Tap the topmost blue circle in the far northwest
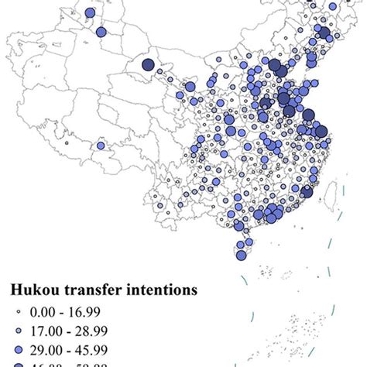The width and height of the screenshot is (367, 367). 91,13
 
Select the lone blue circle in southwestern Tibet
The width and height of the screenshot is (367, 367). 100,145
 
